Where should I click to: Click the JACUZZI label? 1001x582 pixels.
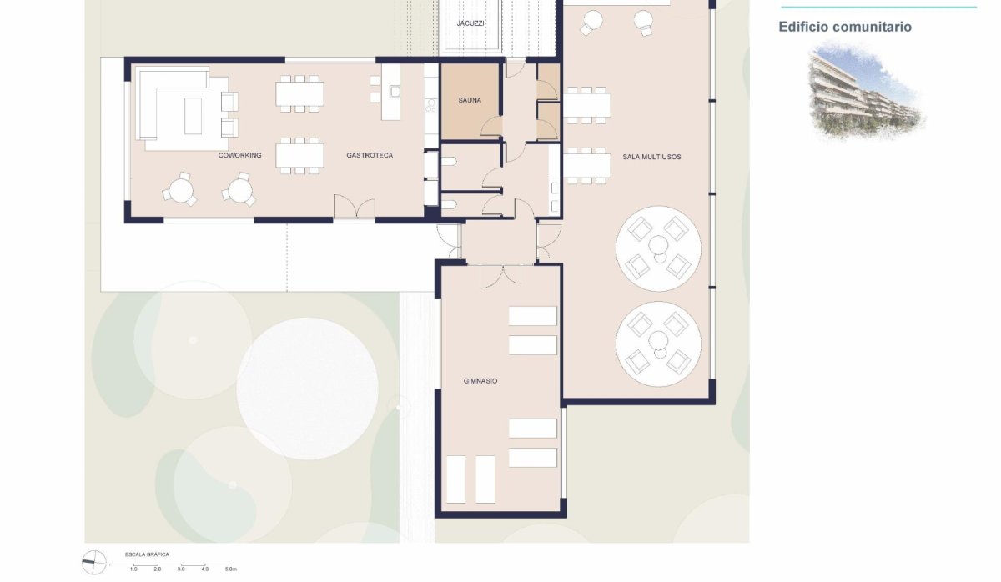click(x=470, y=23)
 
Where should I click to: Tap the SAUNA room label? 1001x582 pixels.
click(x=470, y=101)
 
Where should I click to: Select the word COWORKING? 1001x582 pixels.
click(x=240, y=156)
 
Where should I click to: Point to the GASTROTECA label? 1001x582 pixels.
click(x=370, y=156)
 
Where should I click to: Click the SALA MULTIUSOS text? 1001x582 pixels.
click(x=651, y=157)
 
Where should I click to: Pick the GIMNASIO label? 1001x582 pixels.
click(x=480, y=381)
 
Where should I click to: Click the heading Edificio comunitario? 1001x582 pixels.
click(x=845, y=27)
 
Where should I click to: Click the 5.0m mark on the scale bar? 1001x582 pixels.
click(x=230, y=569)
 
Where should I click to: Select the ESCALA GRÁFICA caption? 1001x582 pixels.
click(x=147, y=554)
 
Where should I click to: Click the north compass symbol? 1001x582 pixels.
click(x=94, y=562)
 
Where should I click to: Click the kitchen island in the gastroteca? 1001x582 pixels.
click(x=391, y=93)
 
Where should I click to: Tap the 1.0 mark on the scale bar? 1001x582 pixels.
click(x=133, y=569)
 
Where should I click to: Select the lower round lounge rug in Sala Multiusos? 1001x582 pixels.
click(x=659, y=343)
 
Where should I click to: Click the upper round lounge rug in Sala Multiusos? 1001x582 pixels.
click(x=659, y=247)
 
